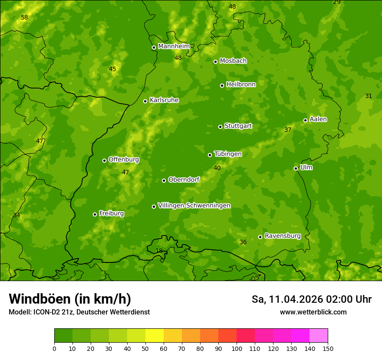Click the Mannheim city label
[174, 46]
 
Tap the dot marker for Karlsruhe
[145, 101]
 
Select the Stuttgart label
[238, 126]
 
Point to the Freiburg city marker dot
[95, 214]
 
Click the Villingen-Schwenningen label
[194, 206]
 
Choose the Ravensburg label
[282, 236]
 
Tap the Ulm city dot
[296, 168]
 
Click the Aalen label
[318, 119]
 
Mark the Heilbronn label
[240, 85]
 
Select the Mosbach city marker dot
[215, 62]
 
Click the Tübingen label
[227, 154]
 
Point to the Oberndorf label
[184, 180]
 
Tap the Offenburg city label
[123, 160]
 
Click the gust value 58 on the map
[24, 18]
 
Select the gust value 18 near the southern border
[159, 251]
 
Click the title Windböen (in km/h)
[69, 299]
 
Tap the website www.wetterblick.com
[313, 312]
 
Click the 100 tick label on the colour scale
[237, 348]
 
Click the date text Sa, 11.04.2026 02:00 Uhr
[311, 299]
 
